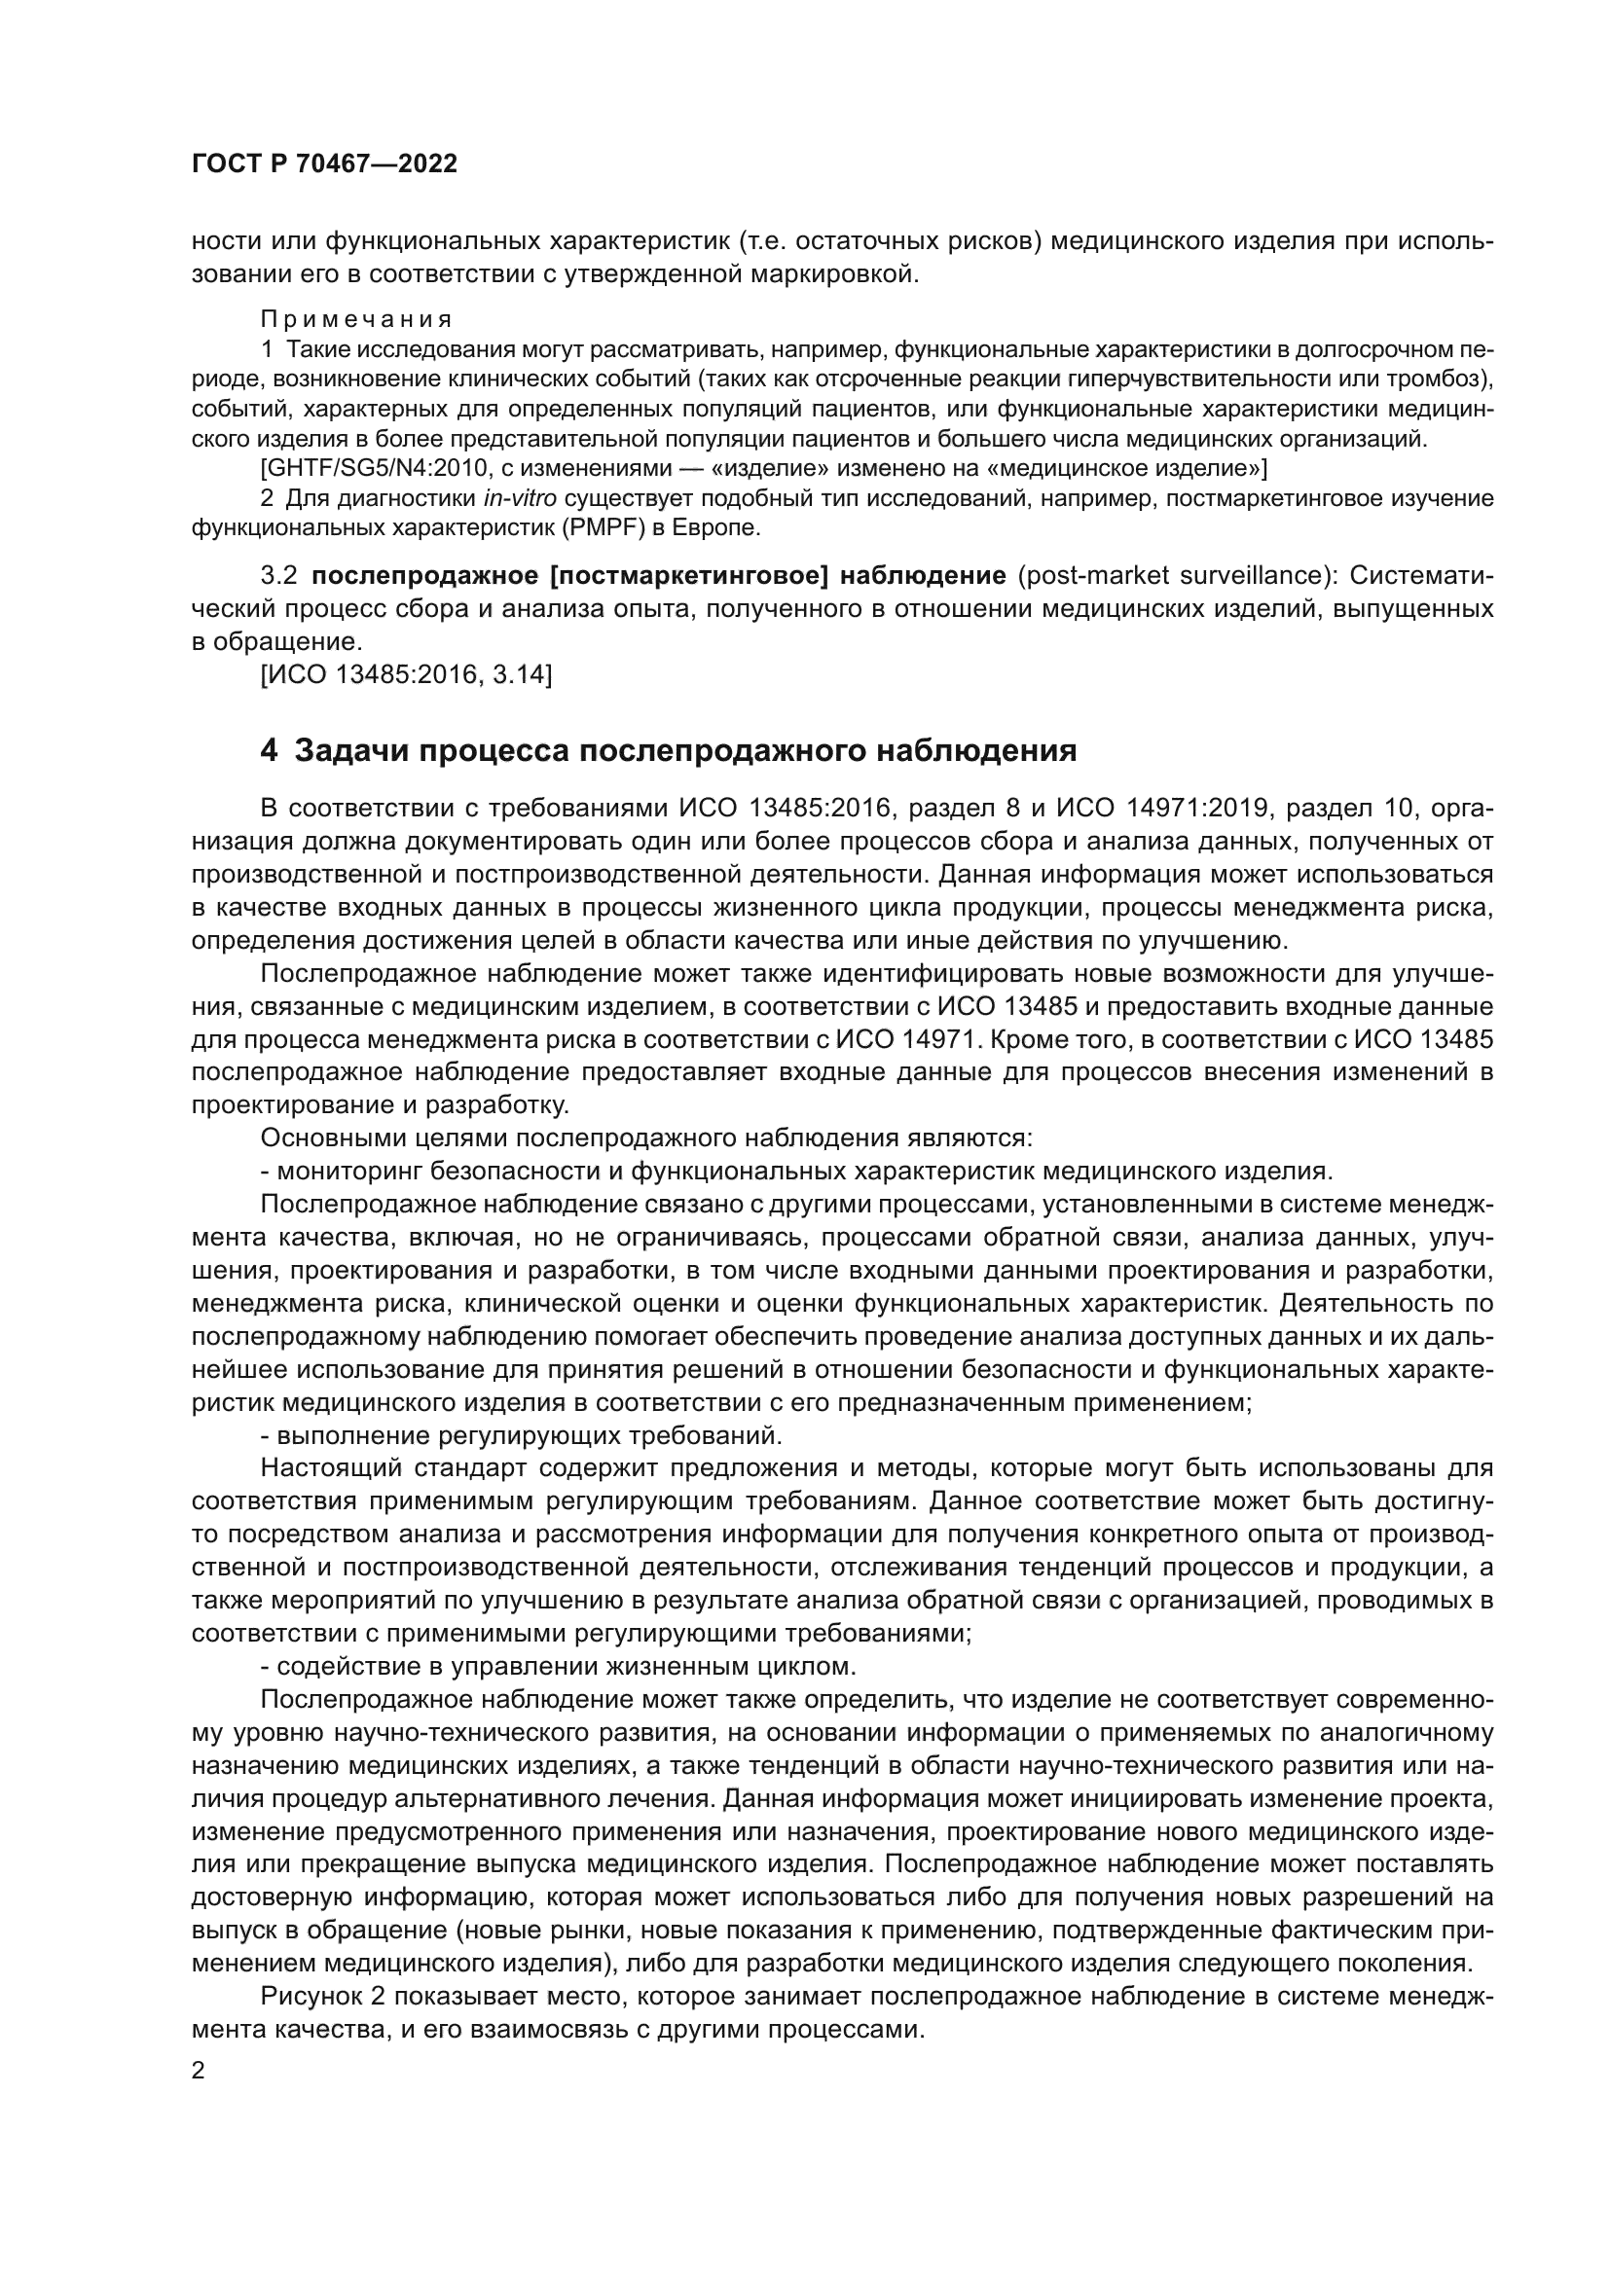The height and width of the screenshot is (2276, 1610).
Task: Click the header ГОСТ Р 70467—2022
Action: pyautogui.click(x=324, y=164)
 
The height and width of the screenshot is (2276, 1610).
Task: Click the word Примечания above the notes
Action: pyautogui.click(x=356, y=319)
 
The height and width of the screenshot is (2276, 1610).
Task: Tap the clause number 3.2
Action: pyautogui.click(x=278, y=576)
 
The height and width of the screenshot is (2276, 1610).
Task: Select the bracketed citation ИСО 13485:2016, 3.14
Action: pyautogui.click(x=406, y=675)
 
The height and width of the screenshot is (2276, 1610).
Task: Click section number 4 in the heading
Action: pyautogui.click(x=269, y=750)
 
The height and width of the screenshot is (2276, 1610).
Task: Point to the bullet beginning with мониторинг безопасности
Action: pyautogui.click(x=793, y=1171)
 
